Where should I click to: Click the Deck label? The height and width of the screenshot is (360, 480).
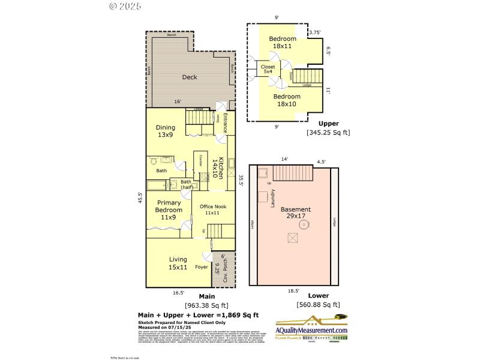[x=190, y=77]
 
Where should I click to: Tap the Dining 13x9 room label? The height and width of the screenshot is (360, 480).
[x=165, y=131]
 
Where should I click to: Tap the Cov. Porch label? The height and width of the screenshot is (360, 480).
[x=226, y=270]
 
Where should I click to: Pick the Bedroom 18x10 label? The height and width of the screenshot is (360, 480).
[x=287, y=100]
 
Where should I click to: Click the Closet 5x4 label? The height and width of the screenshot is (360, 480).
[x=268, y=69]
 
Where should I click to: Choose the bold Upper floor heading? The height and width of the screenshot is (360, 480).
[x=328, y=124]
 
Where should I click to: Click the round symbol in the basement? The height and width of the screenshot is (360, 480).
[x=304, y=225]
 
